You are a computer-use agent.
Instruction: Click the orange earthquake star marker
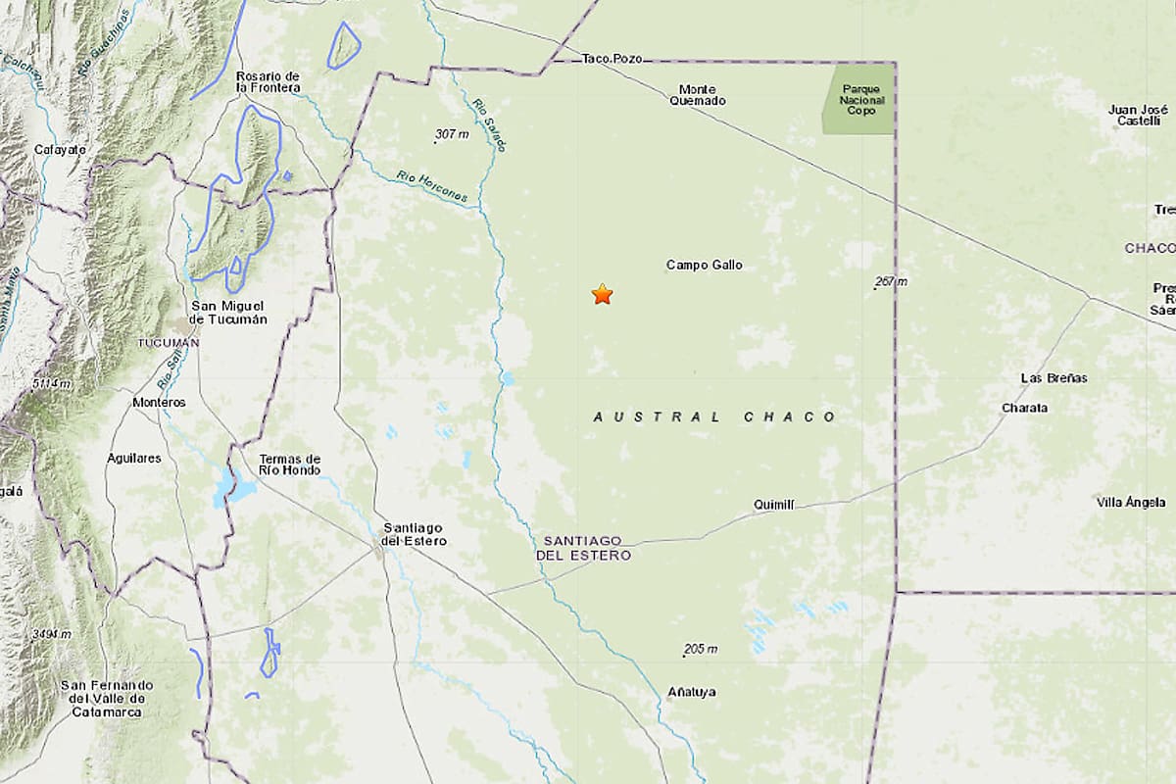point(602,294)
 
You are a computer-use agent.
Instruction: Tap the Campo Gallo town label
point(704,265)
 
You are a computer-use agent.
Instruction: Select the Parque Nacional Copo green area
point(859,98)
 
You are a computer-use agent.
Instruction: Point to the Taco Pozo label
point(612,59)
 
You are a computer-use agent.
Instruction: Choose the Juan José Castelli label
point(1137,115)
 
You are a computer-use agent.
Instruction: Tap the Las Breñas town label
point(1053,378)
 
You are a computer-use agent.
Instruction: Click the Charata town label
point(1025,408)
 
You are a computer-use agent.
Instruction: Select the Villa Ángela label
point(1131,503)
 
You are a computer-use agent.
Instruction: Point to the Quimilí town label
point(773,505)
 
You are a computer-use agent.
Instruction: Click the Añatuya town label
point(692,692)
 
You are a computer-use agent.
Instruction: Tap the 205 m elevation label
point(702,649)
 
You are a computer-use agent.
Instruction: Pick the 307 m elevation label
point(452,134)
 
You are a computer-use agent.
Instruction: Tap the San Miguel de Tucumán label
point(227,313)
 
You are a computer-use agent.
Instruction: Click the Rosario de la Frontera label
point(268,81)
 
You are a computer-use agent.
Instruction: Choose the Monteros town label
point(159,403)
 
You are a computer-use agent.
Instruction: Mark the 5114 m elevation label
point(51,384)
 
